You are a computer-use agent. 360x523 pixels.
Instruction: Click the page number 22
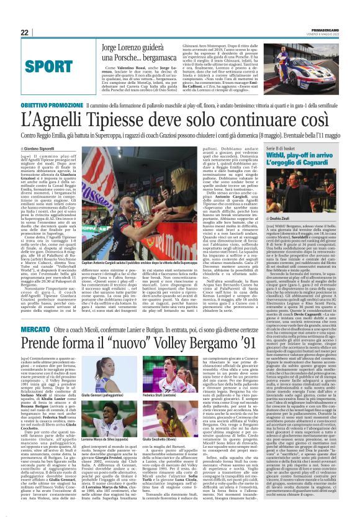pos(25,32)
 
